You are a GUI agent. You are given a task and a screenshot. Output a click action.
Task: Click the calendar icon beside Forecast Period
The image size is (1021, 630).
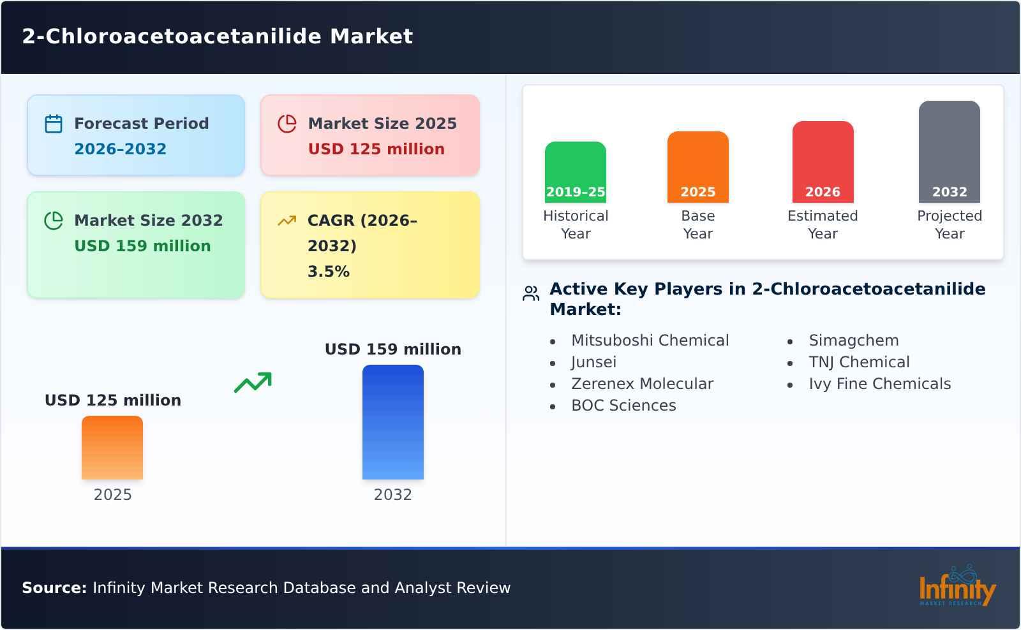pos(54,124)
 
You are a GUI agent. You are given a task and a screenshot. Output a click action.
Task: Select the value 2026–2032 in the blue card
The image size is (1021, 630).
pos(120,149)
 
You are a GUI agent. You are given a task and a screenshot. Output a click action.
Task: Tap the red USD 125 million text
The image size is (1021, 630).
pos(376,149)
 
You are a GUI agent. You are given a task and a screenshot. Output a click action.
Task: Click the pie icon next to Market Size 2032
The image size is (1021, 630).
pos(54,221)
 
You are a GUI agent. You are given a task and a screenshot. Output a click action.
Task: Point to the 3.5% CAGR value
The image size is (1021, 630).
pos(328,272)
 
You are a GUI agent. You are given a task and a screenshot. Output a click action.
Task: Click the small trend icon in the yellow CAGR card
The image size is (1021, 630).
pos(287,221)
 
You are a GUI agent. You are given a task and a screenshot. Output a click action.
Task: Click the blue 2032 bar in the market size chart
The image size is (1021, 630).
pos(392,422)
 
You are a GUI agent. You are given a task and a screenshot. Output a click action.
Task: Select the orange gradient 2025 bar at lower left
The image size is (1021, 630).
pos(112,448)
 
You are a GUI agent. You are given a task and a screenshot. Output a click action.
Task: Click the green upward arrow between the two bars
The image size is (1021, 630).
pos(253,383)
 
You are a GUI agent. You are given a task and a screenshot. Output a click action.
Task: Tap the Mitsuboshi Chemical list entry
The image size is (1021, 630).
pos(650,341)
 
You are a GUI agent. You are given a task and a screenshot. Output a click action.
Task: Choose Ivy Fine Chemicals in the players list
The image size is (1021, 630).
pos(879,384)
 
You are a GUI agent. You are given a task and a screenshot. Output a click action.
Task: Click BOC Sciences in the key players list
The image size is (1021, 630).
pos(623,406)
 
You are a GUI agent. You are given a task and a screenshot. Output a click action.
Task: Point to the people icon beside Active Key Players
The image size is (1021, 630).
pos(531,293)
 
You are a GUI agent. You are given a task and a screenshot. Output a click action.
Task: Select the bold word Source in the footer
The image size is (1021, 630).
pos(54,588)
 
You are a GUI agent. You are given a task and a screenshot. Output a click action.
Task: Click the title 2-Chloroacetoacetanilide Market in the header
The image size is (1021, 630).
pos(218,36)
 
